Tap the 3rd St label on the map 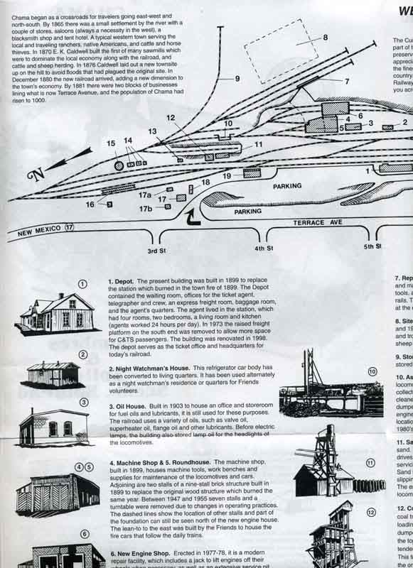tap(156, 251)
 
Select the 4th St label tap(264, 248)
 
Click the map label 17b tap(145, 209)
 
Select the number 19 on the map tap(227, 175)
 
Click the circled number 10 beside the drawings tap(372, 371)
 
